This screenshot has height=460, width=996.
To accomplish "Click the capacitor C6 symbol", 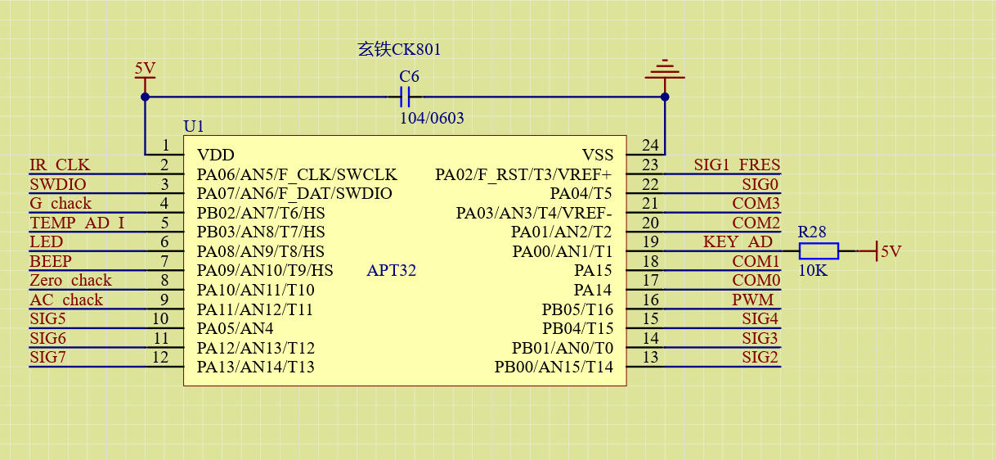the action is point(405,97).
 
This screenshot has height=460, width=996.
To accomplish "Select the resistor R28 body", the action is point(819,251).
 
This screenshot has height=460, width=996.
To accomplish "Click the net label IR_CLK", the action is point(60,165).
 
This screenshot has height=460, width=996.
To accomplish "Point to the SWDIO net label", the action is point(58,184).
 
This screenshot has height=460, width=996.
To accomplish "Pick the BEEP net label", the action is point(50,261).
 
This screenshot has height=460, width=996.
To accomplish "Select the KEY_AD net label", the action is point(738,241).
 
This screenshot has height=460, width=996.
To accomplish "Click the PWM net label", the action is point(753,300).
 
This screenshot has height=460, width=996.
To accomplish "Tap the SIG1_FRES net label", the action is point(737,165).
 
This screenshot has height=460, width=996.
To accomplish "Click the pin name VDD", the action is point(216,155).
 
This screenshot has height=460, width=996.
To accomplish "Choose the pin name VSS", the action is point(598,155).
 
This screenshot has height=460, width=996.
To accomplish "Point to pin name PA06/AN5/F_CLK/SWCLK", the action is point(297,174).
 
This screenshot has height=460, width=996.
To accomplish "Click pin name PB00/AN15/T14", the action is point(554,367).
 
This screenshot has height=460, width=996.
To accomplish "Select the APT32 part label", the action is point(391,270).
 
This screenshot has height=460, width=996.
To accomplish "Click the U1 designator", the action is point(194,126).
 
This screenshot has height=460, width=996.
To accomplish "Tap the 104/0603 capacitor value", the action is point(432,118).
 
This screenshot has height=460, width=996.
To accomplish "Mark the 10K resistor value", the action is point(813,270).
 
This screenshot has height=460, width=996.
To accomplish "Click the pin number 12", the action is point(160,357).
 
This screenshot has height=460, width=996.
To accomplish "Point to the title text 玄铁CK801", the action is point(399,49).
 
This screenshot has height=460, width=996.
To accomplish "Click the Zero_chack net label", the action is point(70,280).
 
